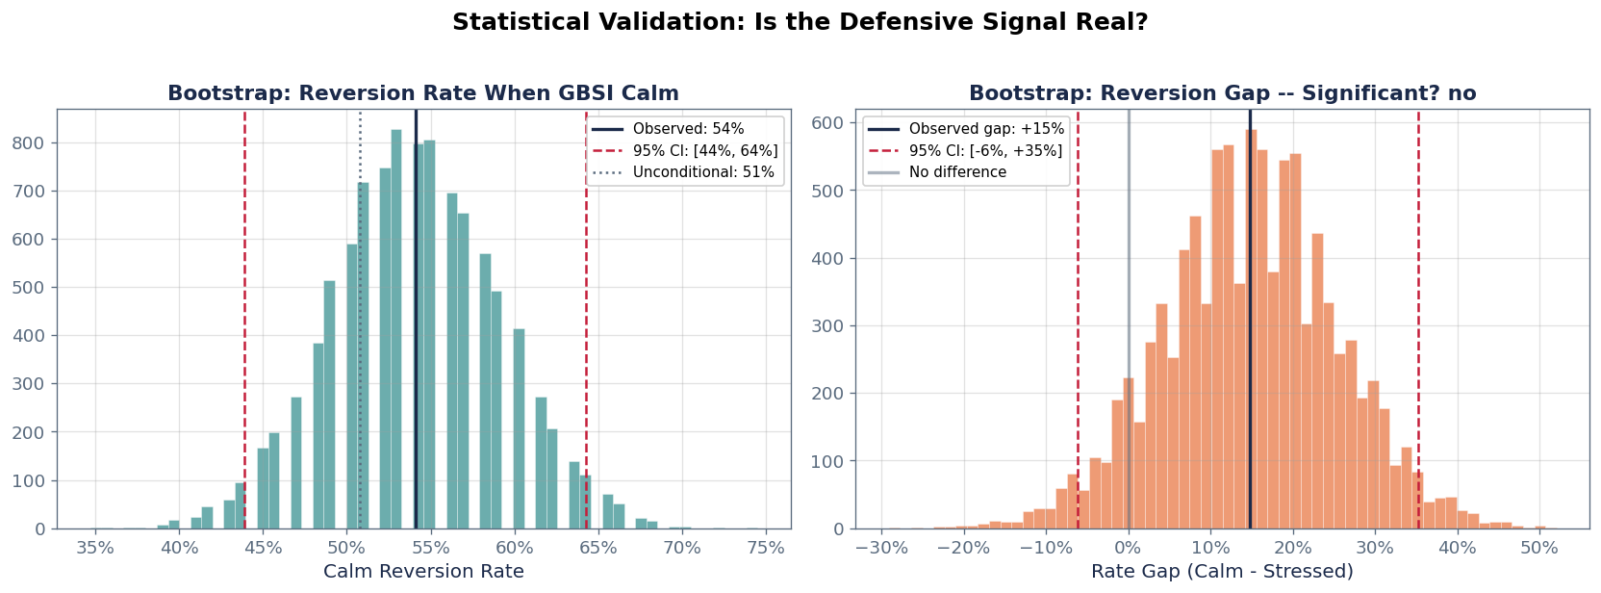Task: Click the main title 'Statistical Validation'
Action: tap(800, 22)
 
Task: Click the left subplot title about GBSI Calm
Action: tap(423, 93)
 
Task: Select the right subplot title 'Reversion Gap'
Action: tap(1222, 93)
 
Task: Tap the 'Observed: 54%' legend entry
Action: tap(687, 129)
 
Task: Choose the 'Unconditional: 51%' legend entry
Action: tap(702, 172)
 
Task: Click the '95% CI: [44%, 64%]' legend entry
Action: tap(704, 151)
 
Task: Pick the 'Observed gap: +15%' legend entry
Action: tap(985, 129)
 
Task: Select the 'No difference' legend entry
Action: tap(956, 172)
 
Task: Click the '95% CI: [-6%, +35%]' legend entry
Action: tap(984, 151)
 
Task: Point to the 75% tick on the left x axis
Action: tap(766, 548)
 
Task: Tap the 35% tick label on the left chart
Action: tap(95, 548)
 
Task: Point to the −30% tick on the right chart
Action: tap(880, 548)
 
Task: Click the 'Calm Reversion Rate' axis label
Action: tap(423, 572)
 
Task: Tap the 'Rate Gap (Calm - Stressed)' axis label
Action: tap(1222, 572)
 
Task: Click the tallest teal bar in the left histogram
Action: tap(396, 327)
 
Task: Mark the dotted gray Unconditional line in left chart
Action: tap(360, 289)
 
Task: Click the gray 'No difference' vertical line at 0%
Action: tap(1129, 289)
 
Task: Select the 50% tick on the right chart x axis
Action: tap(1539, 548)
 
